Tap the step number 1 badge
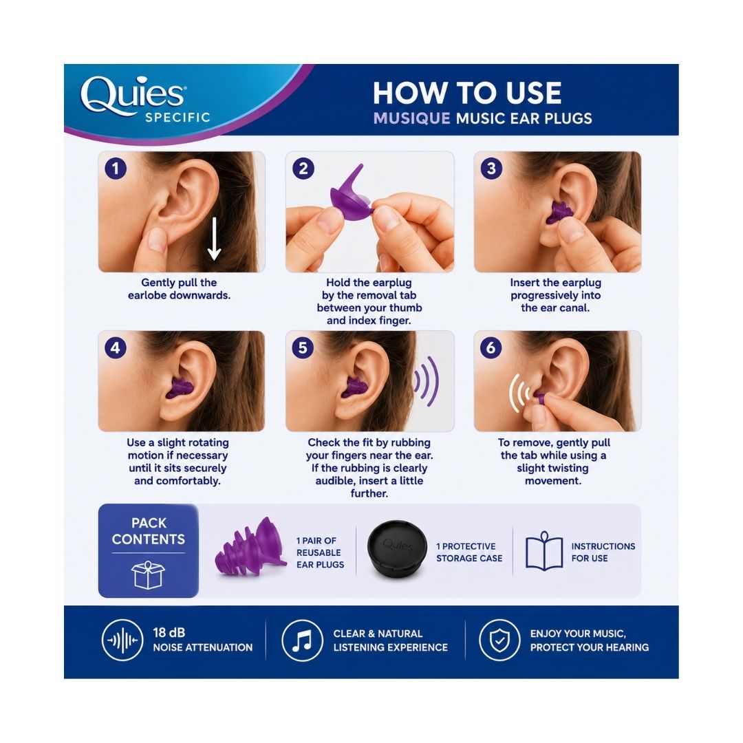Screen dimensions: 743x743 click(x=115, y=169)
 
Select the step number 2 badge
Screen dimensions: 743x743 click(x=303, y=169)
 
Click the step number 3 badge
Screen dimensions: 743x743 click(x=491, y=169)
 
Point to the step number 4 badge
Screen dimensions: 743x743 click(x=115, y=348)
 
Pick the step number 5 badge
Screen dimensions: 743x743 click(x=303, y=348)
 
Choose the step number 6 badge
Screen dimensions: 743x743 click(x=491, y=348)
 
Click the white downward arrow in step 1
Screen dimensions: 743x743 click(x=214, y=239)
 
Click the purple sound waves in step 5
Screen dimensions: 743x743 click(x=426, y=381)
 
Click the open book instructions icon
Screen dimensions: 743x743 click(x=544, y=550)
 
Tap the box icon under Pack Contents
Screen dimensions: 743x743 click(x=148, y=574)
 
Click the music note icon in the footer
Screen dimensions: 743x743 click(x=302, y=640)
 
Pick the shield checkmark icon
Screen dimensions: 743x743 click(x=499, y=640)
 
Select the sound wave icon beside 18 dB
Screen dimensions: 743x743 click(x=122, y=640)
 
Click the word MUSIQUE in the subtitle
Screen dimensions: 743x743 click(x=412, y=118)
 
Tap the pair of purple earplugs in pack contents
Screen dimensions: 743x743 click(x=250, y=547)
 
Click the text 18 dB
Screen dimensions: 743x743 click(x=169, y=633)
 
